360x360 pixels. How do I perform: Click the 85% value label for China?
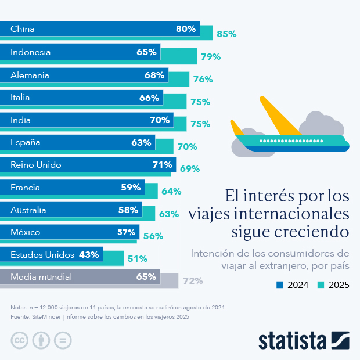(x=226, y=34)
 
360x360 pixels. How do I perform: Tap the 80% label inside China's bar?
(x=186, y=29)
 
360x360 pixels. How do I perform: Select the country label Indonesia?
(x=30, y=52)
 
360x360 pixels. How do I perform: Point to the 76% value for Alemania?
(x=203, y=80)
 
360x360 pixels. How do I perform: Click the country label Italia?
(x=20, y=98)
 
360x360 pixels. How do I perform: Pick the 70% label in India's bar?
(x=160, y=120)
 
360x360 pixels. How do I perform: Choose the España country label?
(x=25, y=142)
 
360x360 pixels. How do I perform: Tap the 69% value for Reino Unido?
(x=189, y=169)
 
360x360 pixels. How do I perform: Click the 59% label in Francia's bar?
(x=131, y=187)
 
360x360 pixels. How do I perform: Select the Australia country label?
(x=28, y=210)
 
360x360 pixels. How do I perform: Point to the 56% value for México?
(x=153, y=236)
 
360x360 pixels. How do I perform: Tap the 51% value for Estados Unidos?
(x=138, y=259)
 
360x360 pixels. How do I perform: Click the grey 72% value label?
(x=193, y=281)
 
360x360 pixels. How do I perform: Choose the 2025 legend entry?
(x=333, y=285)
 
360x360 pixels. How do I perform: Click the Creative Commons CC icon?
(x=20, y=340)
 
